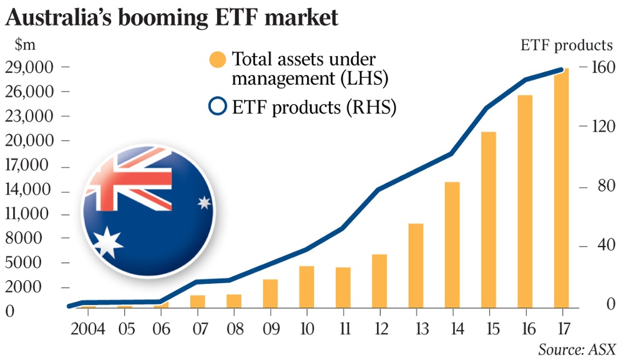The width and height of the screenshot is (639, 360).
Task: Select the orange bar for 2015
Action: point(489,219)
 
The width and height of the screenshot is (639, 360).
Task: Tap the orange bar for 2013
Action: point(416,265)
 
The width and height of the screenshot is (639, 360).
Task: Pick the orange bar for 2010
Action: point(306,286)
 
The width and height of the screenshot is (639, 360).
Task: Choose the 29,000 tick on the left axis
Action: point(30,67)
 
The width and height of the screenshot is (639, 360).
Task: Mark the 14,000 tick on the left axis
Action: point(30,190)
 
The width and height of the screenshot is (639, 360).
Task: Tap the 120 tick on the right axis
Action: point(603,127)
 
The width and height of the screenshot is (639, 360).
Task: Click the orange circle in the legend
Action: point(217,61)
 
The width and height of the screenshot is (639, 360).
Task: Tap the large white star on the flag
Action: point(109,243)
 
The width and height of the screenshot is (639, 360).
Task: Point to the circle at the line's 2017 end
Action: point(560,70)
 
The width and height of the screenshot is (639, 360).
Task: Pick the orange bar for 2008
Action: point(233,300)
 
